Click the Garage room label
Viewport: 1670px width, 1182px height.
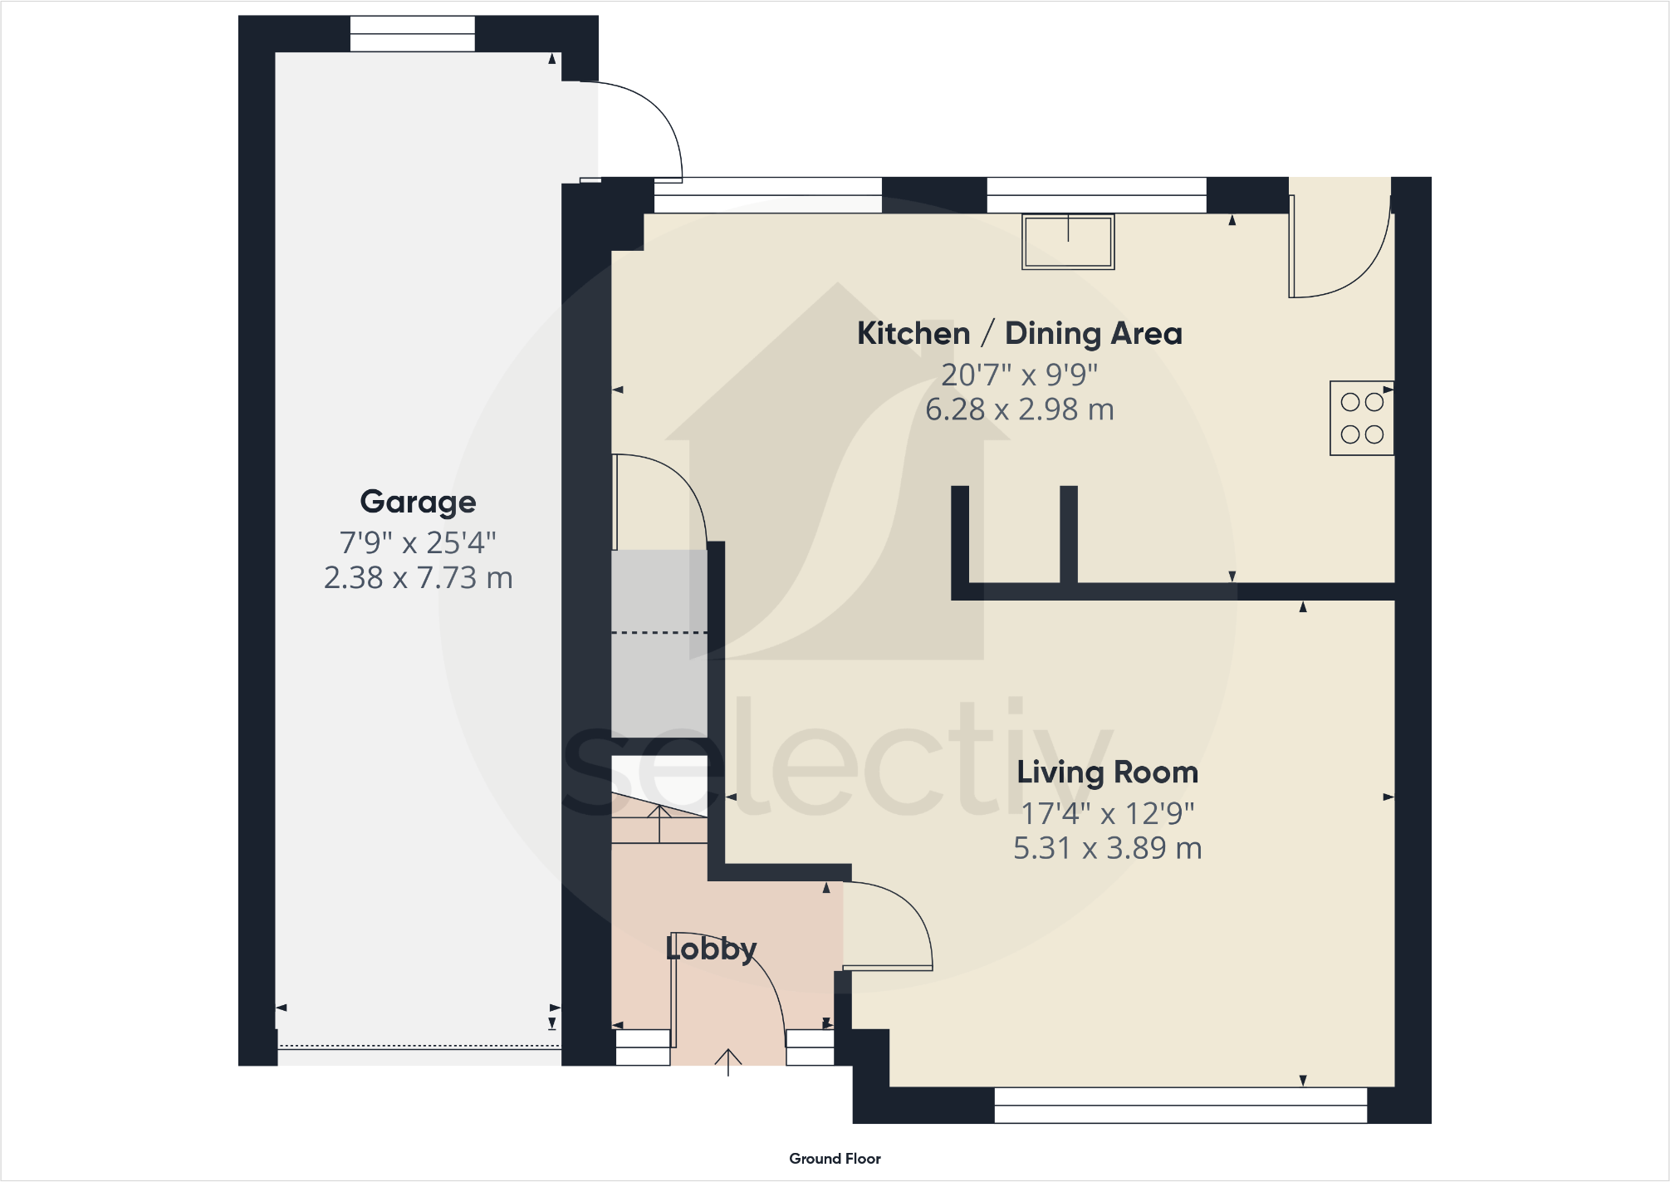click(x=418, y=502)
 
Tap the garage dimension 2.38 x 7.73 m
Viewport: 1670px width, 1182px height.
click(x=418, y=577)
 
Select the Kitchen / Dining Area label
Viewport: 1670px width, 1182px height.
click(x=1019, y=333)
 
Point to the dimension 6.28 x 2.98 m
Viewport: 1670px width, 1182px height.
click(x=1019, y=410)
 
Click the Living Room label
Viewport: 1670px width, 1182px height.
click(x=1107, y=772)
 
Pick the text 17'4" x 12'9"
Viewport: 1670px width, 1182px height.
click(x=1107, y=813)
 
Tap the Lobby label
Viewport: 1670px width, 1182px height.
click(x=711, y=949)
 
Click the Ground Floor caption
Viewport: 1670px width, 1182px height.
click(x=835, y=1159)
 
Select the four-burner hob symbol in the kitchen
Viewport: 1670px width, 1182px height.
click(x=1361, y=418)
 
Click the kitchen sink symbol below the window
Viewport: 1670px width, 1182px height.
click(x=1068, y=242)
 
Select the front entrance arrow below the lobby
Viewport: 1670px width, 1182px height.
click(x=728, y=1062)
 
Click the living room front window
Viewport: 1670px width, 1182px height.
click(x=1180, y=1105)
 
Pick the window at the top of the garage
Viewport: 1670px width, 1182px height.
click(x=412, y=33)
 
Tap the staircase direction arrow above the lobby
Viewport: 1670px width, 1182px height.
click(x=659, y=822)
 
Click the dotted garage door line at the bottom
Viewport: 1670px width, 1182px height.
click(x=419, y=1047)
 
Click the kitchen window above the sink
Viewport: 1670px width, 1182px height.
click(x=1096, y=196)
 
